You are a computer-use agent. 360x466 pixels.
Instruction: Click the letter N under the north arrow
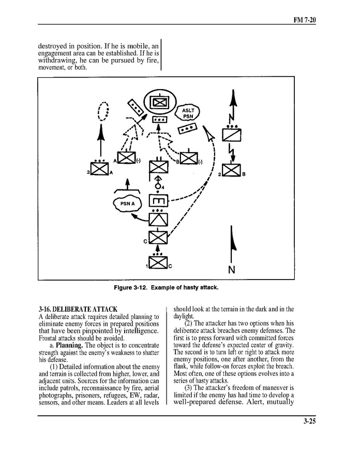232,270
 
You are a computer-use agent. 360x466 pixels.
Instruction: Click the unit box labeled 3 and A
99,169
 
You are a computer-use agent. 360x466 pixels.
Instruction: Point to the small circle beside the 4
157,186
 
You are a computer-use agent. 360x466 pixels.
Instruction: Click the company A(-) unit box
126,158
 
